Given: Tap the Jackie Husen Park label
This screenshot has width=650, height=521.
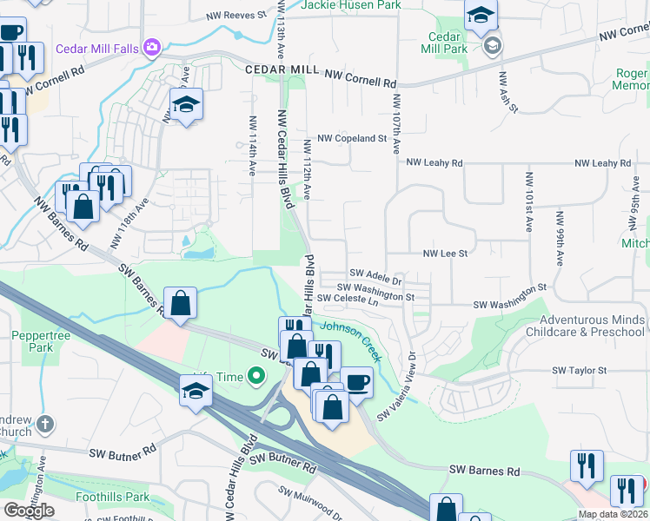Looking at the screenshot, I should pyautogui.click(x=351, y=5).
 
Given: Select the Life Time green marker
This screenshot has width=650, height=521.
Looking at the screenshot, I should pyautogui.click(x=255, y=377).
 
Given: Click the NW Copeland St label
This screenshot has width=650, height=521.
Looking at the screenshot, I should pyautogui.click(x=351, y=138).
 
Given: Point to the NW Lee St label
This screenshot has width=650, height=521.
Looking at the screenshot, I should pyautogui.click(x=445, y=254).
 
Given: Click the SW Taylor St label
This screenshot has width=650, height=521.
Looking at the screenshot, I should pyautogui.click(x=580, y=371).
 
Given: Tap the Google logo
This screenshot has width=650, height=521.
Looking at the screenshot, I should pyautogui.click(x=29, y=510).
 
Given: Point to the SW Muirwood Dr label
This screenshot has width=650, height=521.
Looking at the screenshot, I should pyautogui.click(x=311, y=502).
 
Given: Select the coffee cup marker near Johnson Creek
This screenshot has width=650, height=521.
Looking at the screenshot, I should pyautogui.click(x=355, y=382).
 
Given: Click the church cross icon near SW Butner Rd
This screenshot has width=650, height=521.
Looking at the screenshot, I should pyautogui.click(x=45, y=425).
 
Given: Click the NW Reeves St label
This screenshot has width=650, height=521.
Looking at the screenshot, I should pyautogui.click(x=235, y=16).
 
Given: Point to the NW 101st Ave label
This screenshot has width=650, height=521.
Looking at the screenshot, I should pyautogui.click(x=528, y=201).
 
